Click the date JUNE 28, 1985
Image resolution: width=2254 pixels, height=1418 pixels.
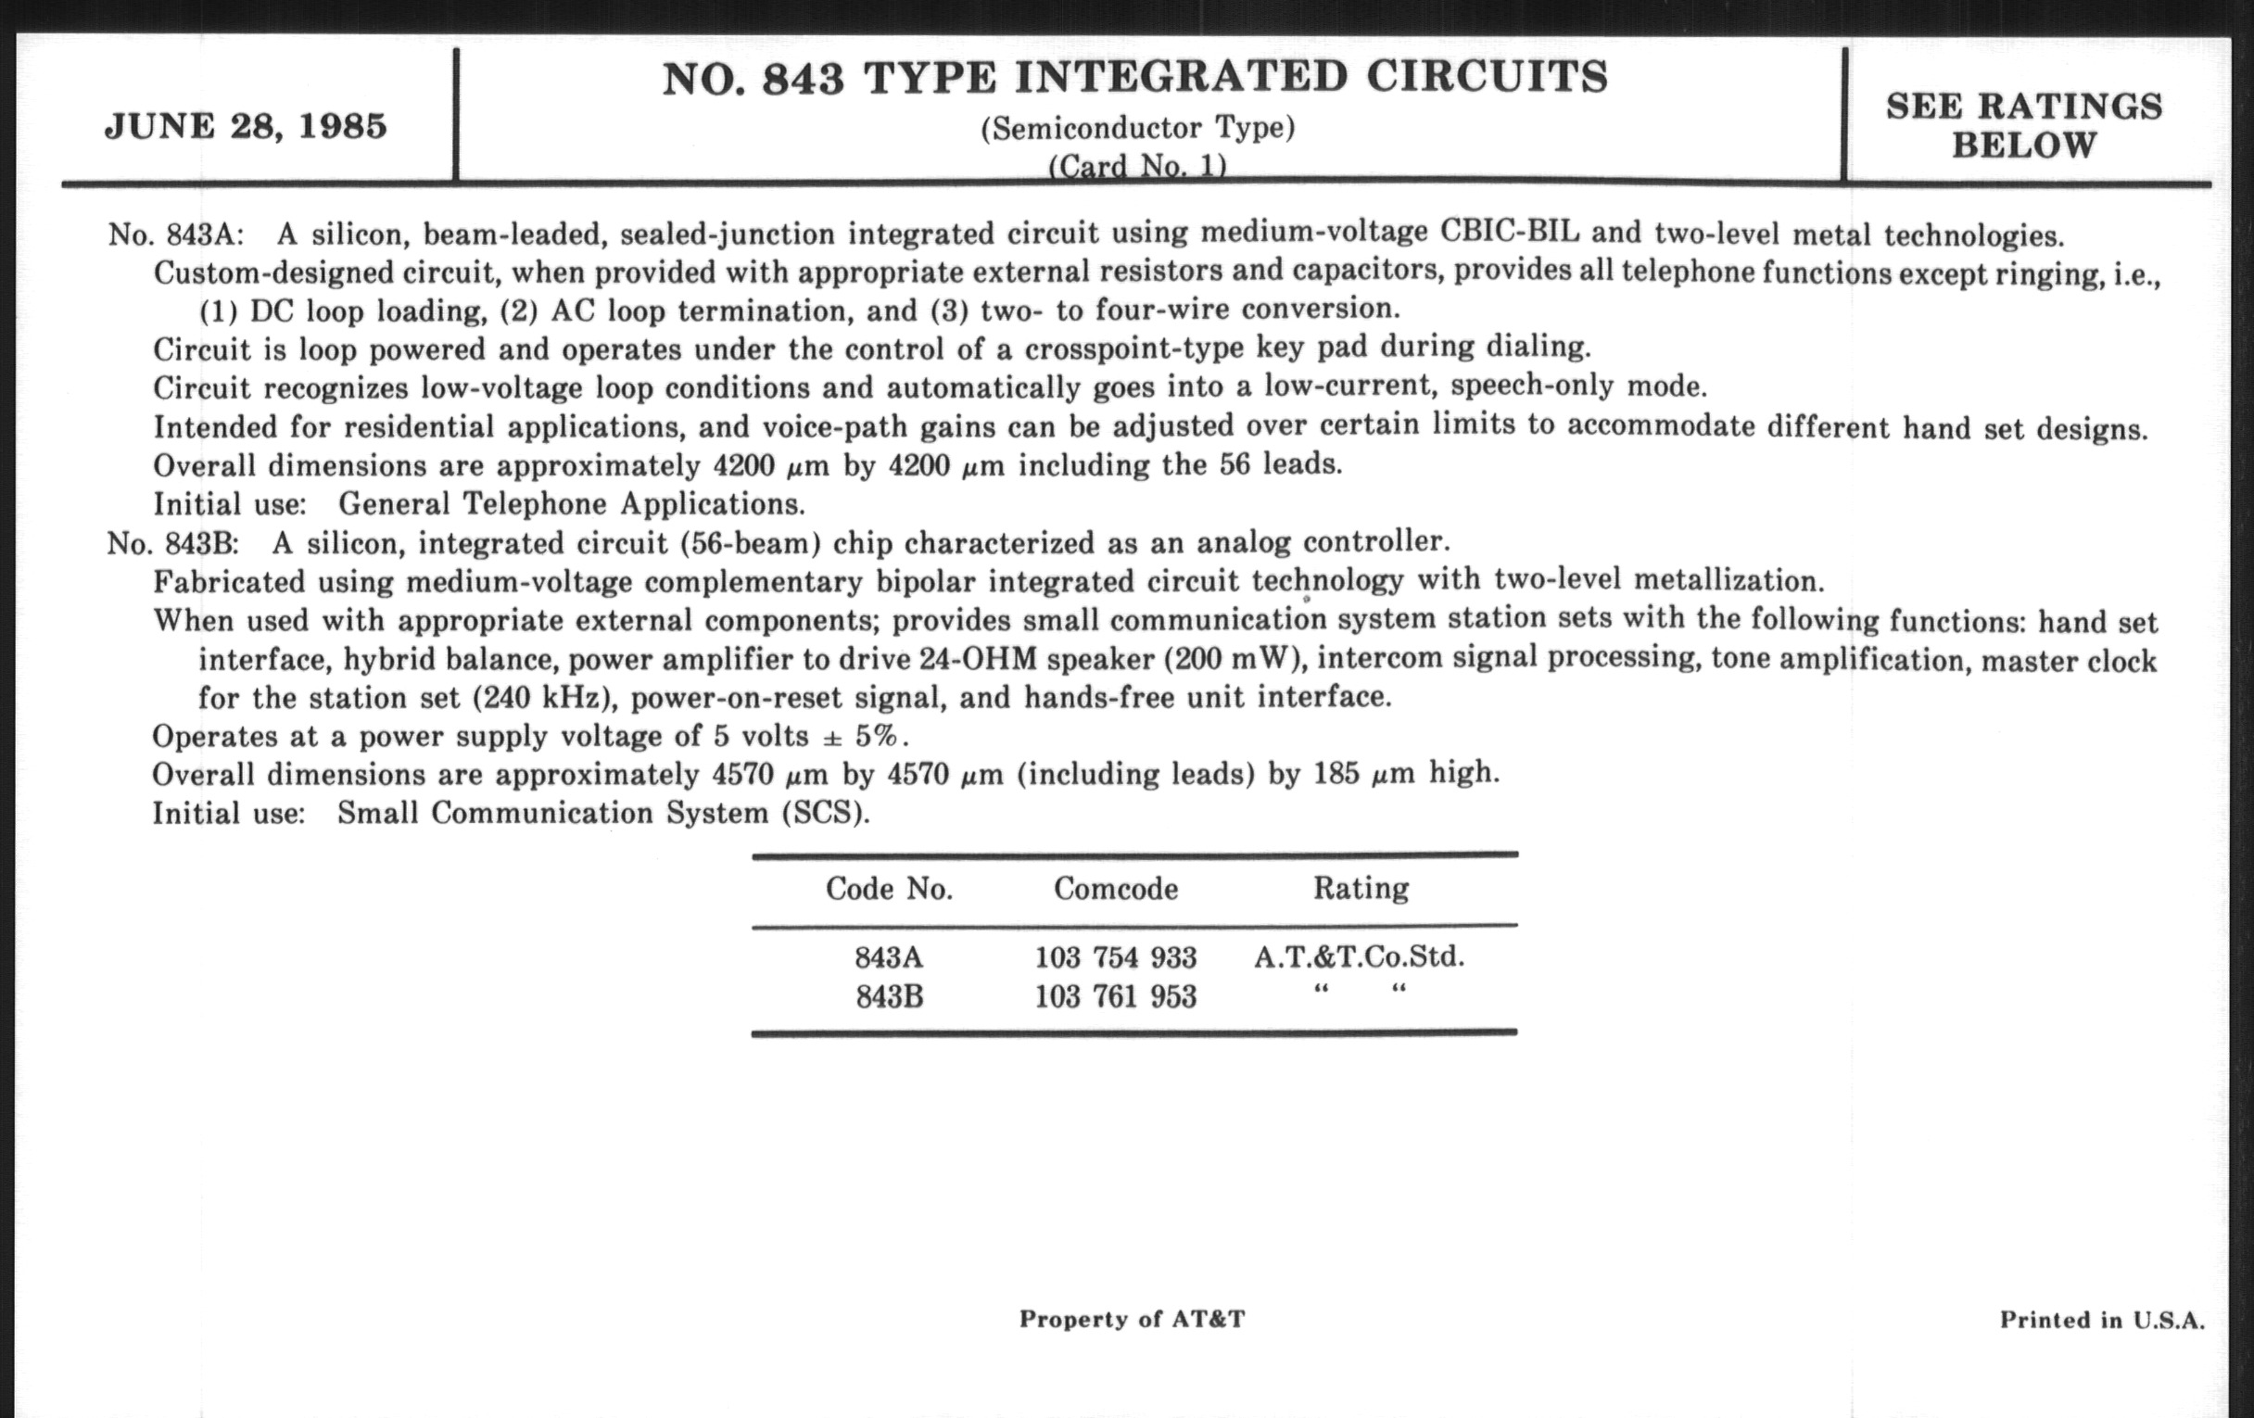pos(246,125)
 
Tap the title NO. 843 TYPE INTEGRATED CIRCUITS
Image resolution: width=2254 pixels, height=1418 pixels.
pos(1134,78)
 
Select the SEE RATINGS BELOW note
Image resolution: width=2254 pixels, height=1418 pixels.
pos(2024,125)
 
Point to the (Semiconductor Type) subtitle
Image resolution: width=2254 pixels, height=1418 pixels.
pos(1137,128)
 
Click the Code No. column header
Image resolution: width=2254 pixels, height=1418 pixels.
pos(888,888)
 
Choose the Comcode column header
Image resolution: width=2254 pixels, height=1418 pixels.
pos(1116,888)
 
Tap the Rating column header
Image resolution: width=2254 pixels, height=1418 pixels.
pos(1360,887)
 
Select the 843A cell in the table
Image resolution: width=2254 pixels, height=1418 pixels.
pos(888,957)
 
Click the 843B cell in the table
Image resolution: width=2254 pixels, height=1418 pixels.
pos(889,997)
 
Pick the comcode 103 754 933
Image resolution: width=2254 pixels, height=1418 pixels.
pos(1116,957)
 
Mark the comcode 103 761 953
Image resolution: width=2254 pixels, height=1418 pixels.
pos(1116,997)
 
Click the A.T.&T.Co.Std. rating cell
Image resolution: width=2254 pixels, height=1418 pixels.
pos(1359,956)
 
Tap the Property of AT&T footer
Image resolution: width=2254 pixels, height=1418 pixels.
pos(1132,1319)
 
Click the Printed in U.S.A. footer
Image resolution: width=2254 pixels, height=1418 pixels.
pos(2101,1320)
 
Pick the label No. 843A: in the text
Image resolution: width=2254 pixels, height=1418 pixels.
pos(176,233)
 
